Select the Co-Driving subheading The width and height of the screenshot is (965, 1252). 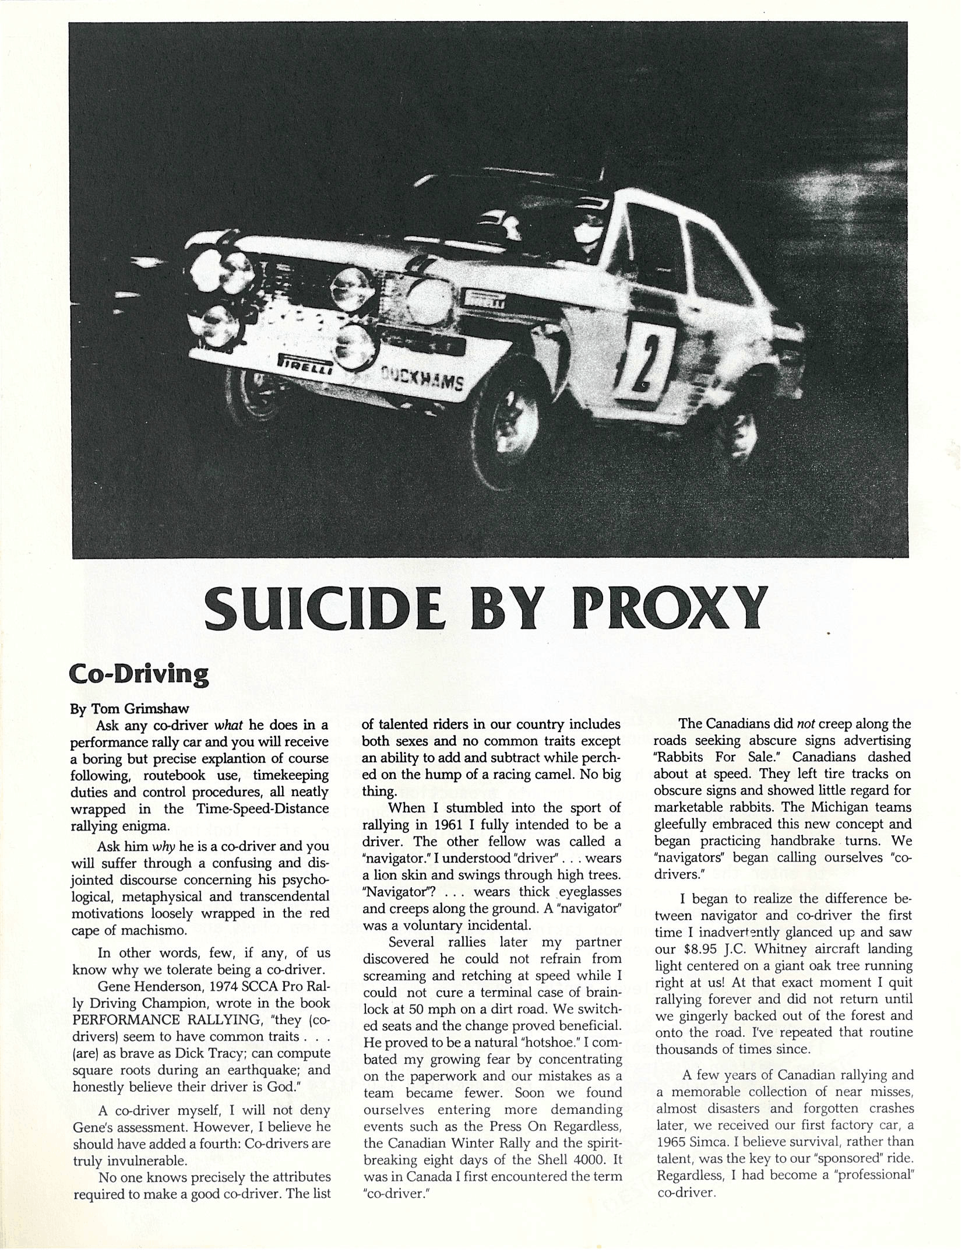(x=139, y=674)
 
